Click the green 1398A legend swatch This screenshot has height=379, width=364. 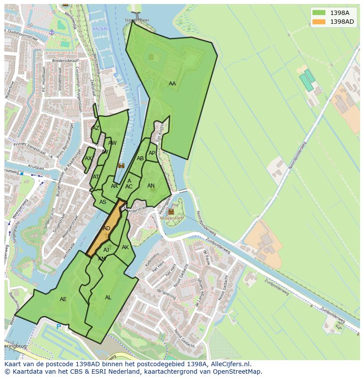pos(319,13)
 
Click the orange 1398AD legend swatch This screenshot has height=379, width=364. pos(319,22)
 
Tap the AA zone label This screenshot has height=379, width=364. pos(172,84)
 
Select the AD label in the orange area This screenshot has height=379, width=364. pos(106,228)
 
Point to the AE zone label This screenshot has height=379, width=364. pos(63,299)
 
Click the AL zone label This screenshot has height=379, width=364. pos(108,298)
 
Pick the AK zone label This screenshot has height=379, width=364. pos(125,247)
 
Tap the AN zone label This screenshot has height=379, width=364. pos(151,186)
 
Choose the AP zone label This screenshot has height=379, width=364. pos(152,153)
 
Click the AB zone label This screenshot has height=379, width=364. pos(140,158)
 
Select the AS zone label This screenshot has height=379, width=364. pos(103,202)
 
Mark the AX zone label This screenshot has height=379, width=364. pos(88,158)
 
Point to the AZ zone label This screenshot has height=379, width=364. pos(95,128)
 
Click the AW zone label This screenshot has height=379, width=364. pos(112,143)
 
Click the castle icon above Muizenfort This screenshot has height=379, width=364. pos(171,211)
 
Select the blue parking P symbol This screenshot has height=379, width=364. pos(58,327)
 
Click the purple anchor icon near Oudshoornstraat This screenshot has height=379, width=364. pos(51,32)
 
